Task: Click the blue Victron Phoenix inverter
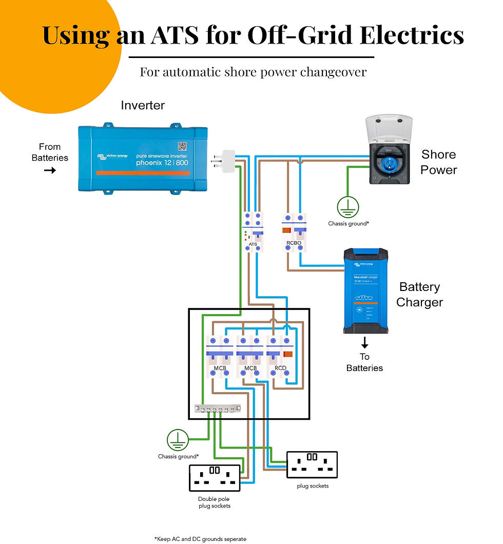point(143,159)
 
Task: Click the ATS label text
point(252,244)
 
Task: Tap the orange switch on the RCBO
point(286,230)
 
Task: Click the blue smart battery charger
point(365,290)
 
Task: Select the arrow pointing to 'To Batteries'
point(364,343)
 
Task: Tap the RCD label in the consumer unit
point(280,368)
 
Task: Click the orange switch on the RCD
point(288,354)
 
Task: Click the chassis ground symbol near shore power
point(348,207)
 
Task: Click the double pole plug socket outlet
point(215,478)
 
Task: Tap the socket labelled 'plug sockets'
point(312,464)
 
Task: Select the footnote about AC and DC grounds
point(200,539)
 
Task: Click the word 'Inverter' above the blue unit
point(143,105)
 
